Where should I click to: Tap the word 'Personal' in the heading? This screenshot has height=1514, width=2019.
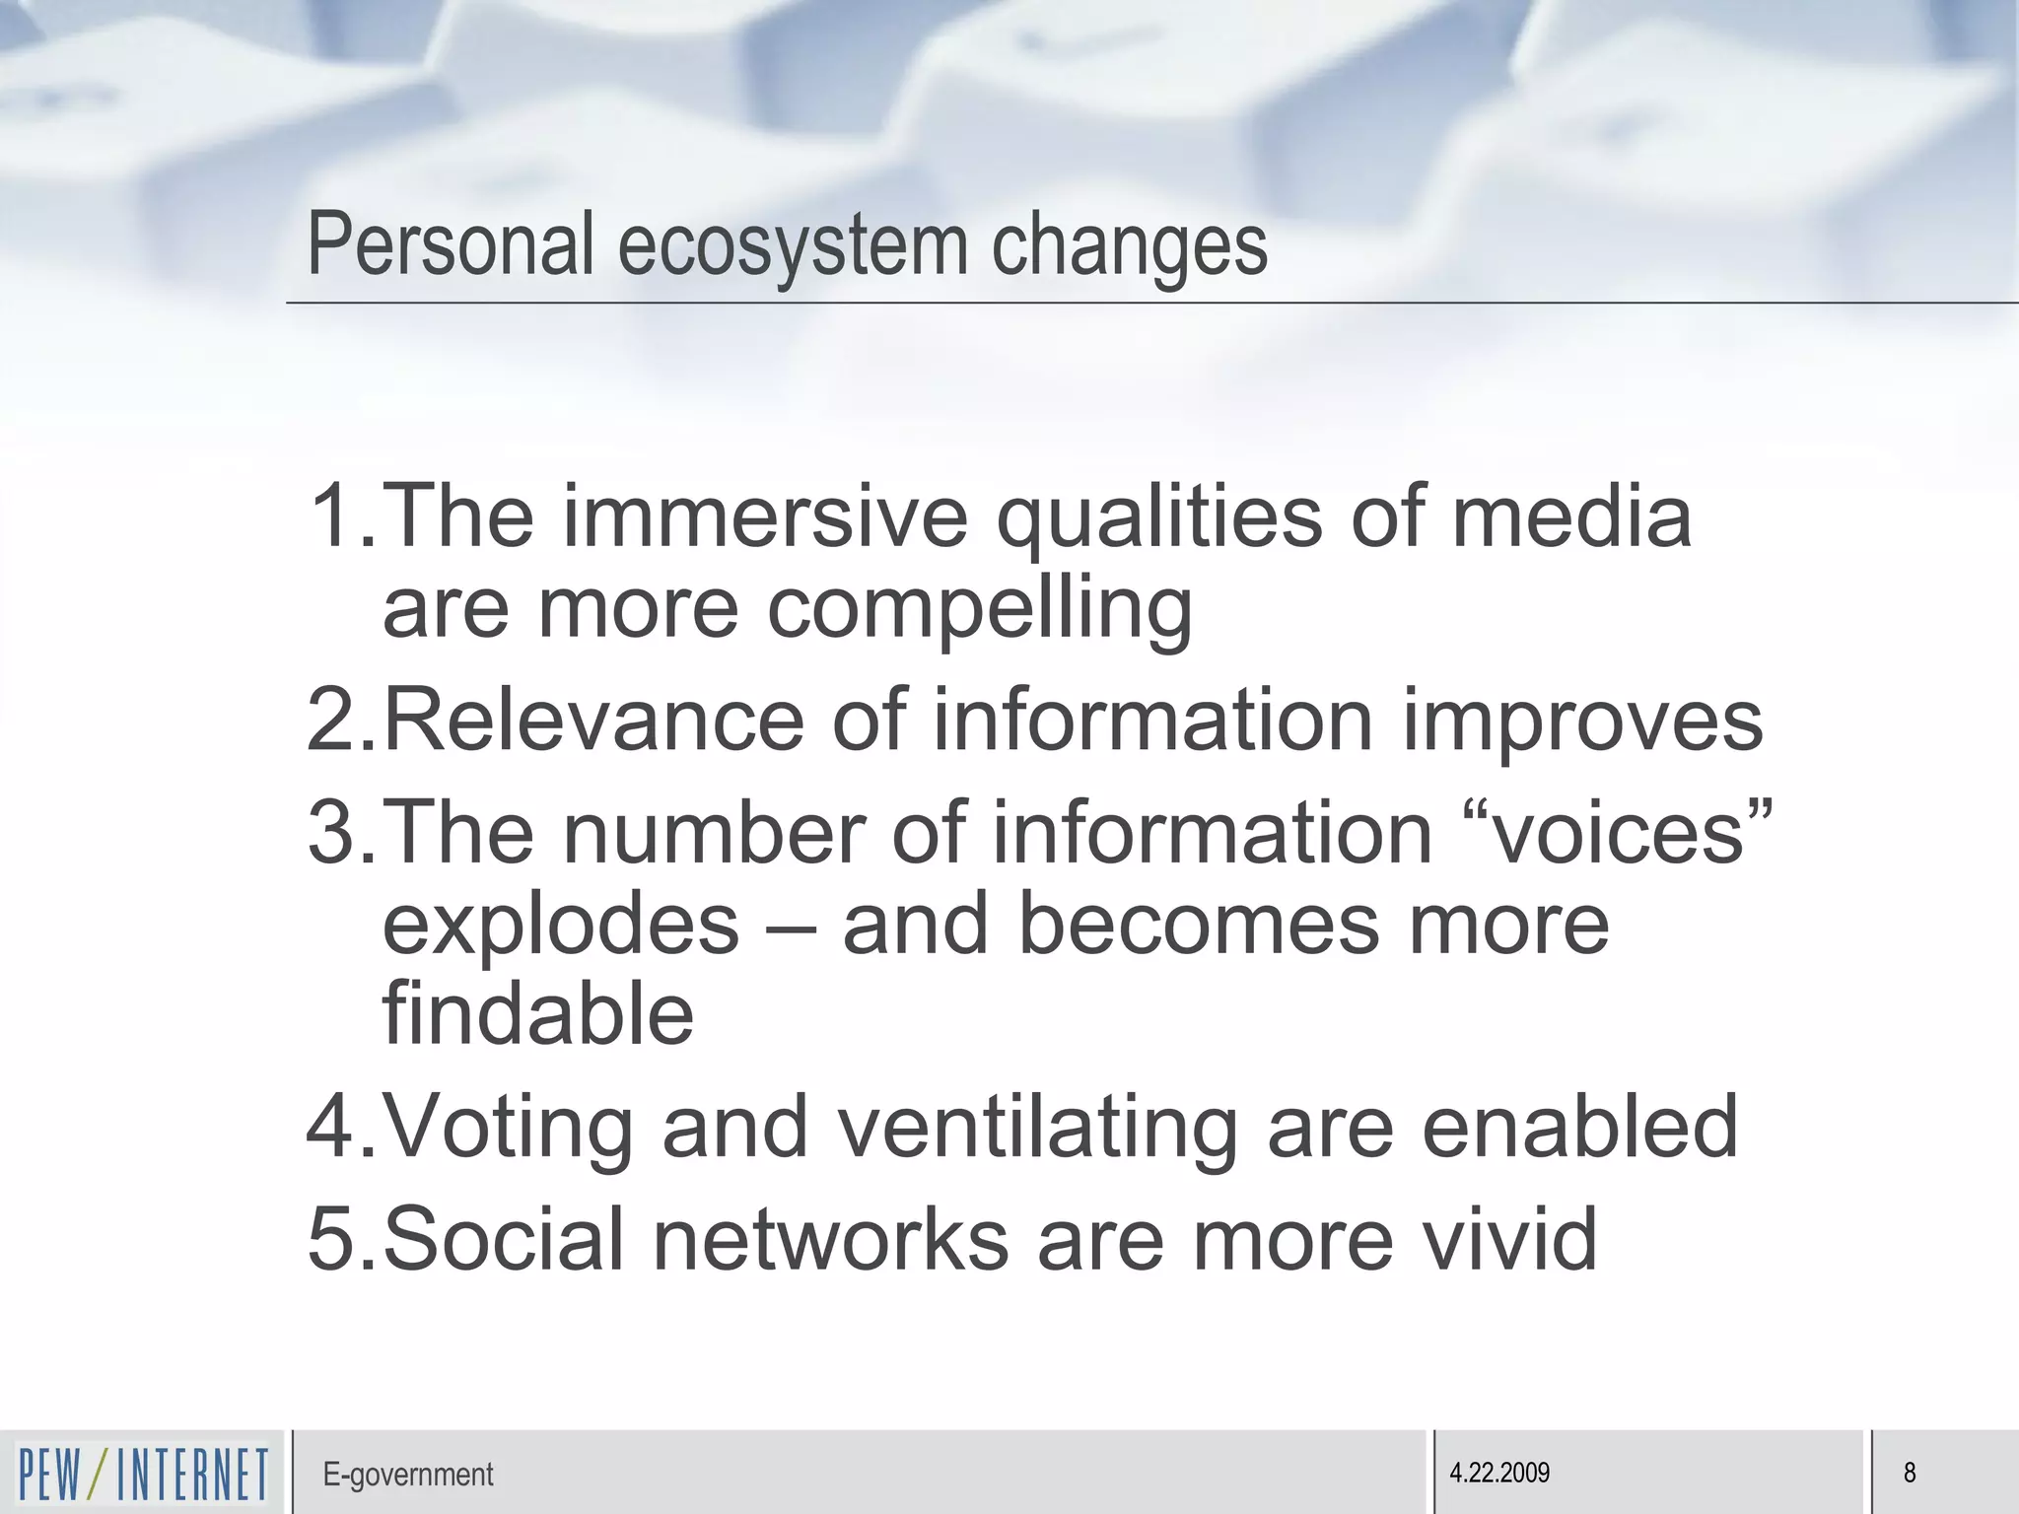451,244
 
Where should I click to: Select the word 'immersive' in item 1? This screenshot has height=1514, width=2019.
765,516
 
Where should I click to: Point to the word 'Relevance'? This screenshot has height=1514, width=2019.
592,721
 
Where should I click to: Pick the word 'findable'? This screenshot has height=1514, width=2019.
538,1014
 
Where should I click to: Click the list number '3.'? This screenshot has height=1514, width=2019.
341,834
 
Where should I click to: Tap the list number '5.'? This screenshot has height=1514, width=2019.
341,1239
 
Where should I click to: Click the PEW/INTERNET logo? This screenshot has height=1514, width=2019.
143,1474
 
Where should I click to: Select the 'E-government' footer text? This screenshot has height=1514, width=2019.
407,1475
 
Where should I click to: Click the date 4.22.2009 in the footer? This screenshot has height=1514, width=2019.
1498,1473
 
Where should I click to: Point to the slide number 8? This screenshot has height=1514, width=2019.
1910,1473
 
